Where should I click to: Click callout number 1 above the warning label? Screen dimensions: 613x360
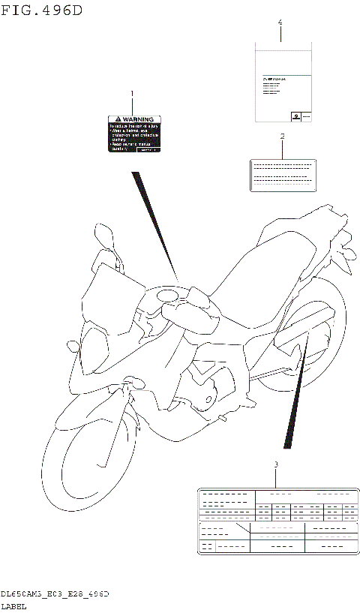click(x=133, y=95)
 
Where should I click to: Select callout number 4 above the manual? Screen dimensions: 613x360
click(x=280, y=23)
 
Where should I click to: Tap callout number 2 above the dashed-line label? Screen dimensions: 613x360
click(x=282, y=137)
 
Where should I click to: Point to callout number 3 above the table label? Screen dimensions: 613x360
click(x=276, y=465)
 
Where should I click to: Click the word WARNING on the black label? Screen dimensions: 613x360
click(x=139, y=119)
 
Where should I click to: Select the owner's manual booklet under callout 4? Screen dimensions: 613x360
click(x=280, y=83)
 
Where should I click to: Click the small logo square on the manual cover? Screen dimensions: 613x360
click(x=296, y=116)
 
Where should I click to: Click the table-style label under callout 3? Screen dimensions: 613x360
click(x=277, y=521)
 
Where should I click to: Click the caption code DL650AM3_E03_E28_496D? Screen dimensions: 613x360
click(x=56, y=593)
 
